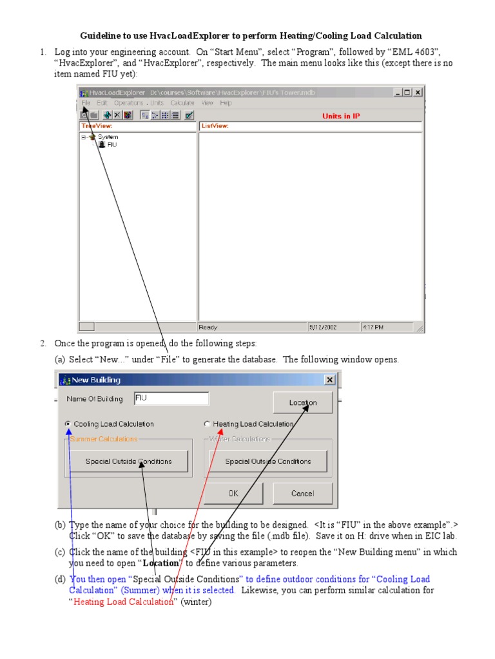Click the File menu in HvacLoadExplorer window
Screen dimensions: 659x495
[86, 103]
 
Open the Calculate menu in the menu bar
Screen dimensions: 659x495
[182, 103]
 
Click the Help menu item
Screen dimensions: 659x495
[226, 103]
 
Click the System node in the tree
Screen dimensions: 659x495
[108, 137]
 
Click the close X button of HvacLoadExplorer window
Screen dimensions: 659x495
[418, 93]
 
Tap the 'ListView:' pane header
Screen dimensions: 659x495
[215, 126]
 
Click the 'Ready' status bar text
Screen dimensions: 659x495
[208, 328]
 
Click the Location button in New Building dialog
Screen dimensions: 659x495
[302, 403]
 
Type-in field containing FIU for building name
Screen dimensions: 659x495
[171, 399]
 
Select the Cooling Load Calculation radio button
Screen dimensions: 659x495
[68, 424]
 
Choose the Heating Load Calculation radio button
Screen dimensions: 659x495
[207, 424]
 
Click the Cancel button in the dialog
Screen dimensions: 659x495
[302, 494]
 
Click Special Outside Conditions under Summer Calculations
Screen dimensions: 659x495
[129, 461]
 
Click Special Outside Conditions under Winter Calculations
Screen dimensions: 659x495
[267, 461]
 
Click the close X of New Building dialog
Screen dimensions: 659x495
[330, 380]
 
